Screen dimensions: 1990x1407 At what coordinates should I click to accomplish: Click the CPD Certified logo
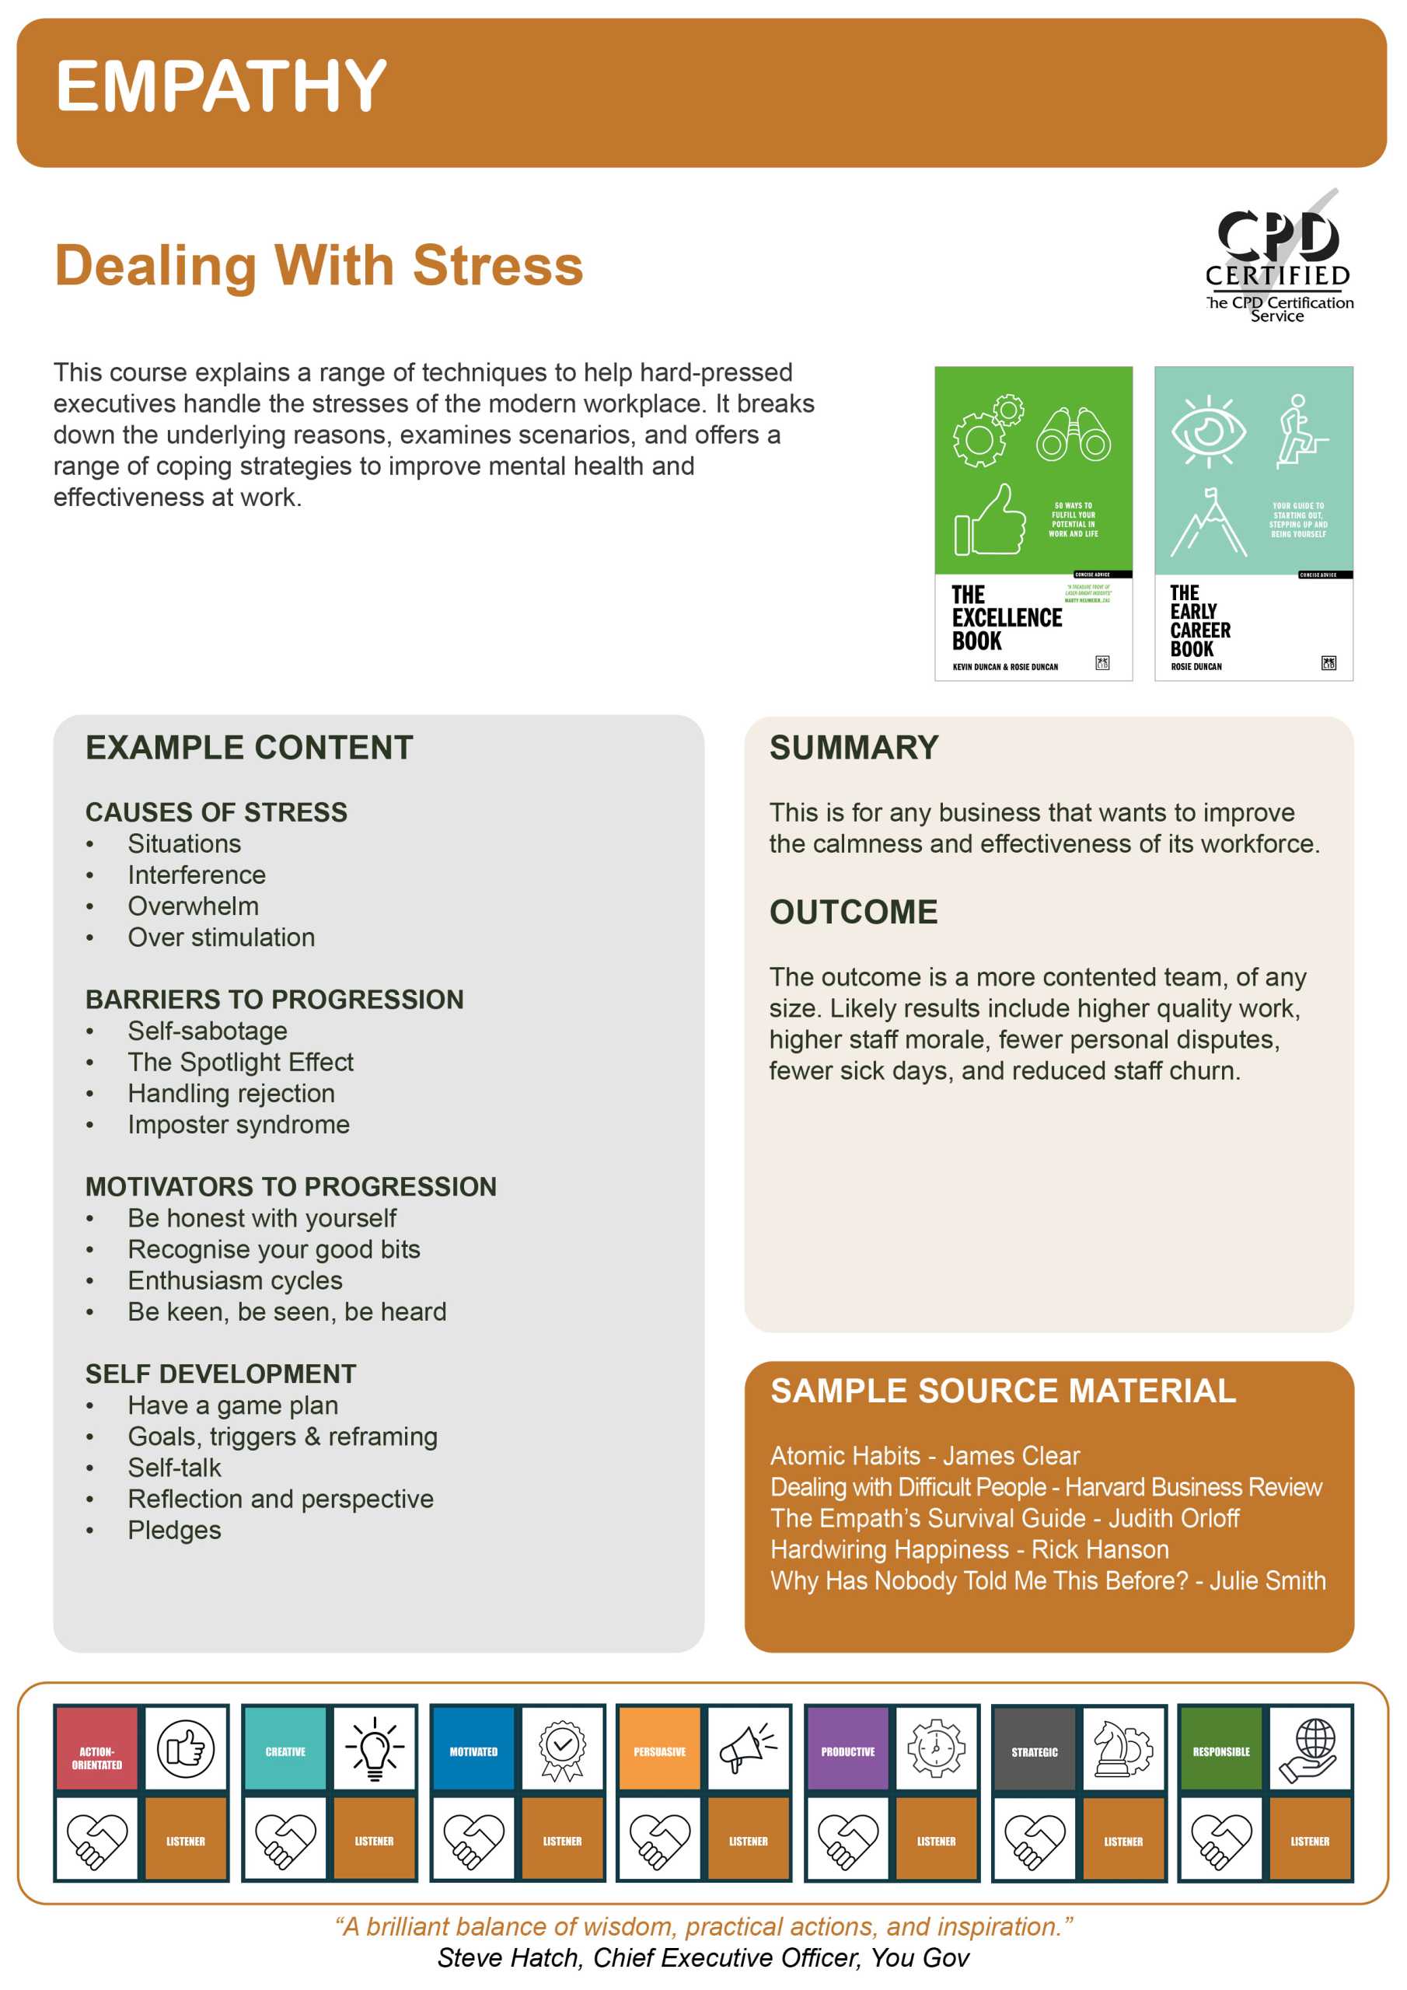1278,257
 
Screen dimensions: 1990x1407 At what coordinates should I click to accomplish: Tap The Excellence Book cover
1032,522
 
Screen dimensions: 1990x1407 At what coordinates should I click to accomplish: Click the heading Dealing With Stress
318,265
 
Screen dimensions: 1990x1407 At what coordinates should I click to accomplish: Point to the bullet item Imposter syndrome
239,1124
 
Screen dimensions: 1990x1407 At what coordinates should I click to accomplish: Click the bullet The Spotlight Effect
240,1062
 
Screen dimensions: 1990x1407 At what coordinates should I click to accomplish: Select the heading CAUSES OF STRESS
216,812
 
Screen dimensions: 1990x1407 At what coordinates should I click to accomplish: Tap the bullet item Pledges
174,1530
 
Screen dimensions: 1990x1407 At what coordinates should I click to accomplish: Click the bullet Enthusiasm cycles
235,1280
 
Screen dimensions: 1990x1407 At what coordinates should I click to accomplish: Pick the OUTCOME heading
853,912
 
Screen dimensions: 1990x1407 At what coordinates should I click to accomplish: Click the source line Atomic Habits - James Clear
924,1455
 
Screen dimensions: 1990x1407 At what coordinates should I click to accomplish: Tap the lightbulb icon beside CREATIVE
375,1748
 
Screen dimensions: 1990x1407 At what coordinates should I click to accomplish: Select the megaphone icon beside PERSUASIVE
748,1748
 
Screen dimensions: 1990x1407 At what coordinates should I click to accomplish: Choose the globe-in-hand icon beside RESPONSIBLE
1310,1748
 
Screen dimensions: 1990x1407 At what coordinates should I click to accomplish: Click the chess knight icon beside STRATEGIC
1122,1748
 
